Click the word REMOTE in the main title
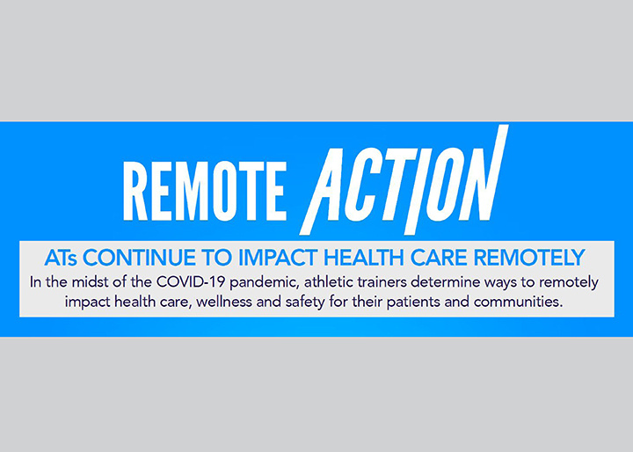pos(205,191)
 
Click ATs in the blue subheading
pos(61,258)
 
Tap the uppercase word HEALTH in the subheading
pos(364,258)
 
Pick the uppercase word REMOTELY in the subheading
pos(529,258)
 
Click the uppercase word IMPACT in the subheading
pos(279,258)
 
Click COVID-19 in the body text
pos(191,282)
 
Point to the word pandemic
pos(265,283)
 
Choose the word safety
pos(305,303)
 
